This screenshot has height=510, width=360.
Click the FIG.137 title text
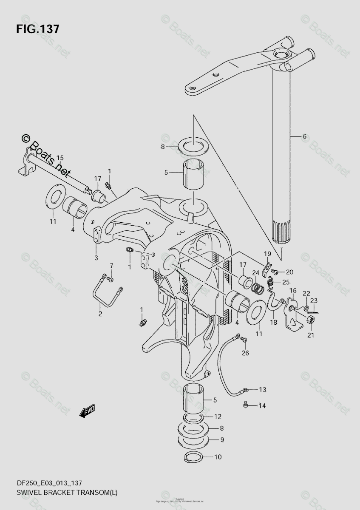[37, 29]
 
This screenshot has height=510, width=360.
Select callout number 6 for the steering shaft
[304, 136]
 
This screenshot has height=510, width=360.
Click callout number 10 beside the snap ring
[218, 458]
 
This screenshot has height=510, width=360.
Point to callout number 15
[60, 158]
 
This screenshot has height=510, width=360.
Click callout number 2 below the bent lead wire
[100, 314]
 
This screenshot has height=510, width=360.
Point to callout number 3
[96, 258]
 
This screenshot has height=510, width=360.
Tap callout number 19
[267, 254]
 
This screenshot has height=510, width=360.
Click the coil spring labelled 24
[256, 287]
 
